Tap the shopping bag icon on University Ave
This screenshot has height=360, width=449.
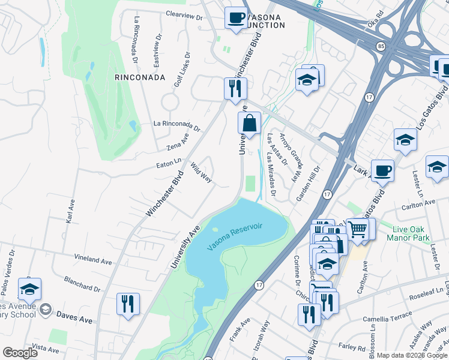pos(249,124)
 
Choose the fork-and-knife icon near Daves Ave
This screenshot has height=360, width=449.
pos(128,303)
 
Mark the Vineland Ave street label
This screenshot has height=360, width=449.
pos(93,262)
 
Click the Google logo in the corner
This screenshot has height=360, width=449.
pos(20,353)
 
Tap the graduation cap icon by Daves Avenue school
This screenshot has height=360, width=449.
pos(29,289)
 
